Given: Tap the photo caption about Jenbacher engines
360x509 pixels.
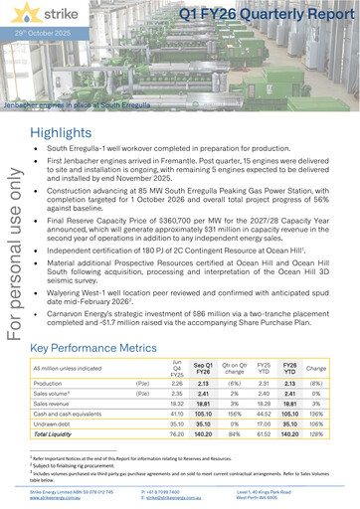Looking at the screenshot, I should pyautogui.click(x=78, y=104).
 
